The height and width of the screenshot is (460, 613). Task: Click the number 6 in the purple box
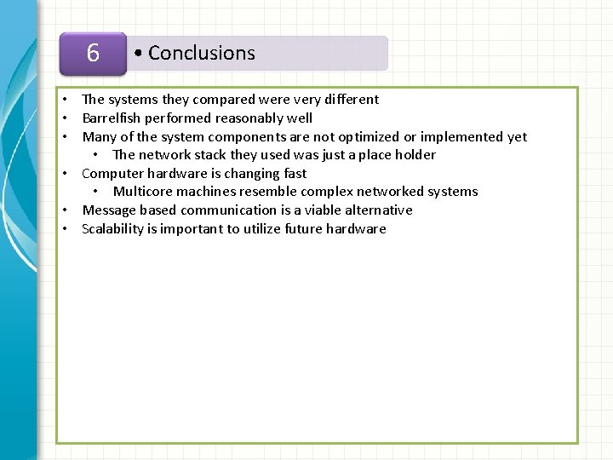(x=93, y=53)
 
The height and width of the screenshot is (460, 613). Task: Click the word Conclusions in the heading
(x=201, y=53)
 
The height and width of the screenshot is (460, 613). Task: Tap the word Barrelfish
(x=111, y=118)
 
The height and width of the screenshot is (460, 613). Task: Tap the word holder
(x=415, y=154)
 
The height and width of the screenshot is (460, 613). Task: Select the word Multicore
(x=145, y=191)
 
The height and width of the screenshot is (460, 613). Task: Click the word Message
(x=109, y=210)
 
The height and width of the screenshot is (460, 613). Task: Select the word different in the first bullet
(x=349, y=100)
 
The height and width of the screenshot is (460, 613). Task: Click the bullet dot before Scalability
(x=64, y=229)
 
